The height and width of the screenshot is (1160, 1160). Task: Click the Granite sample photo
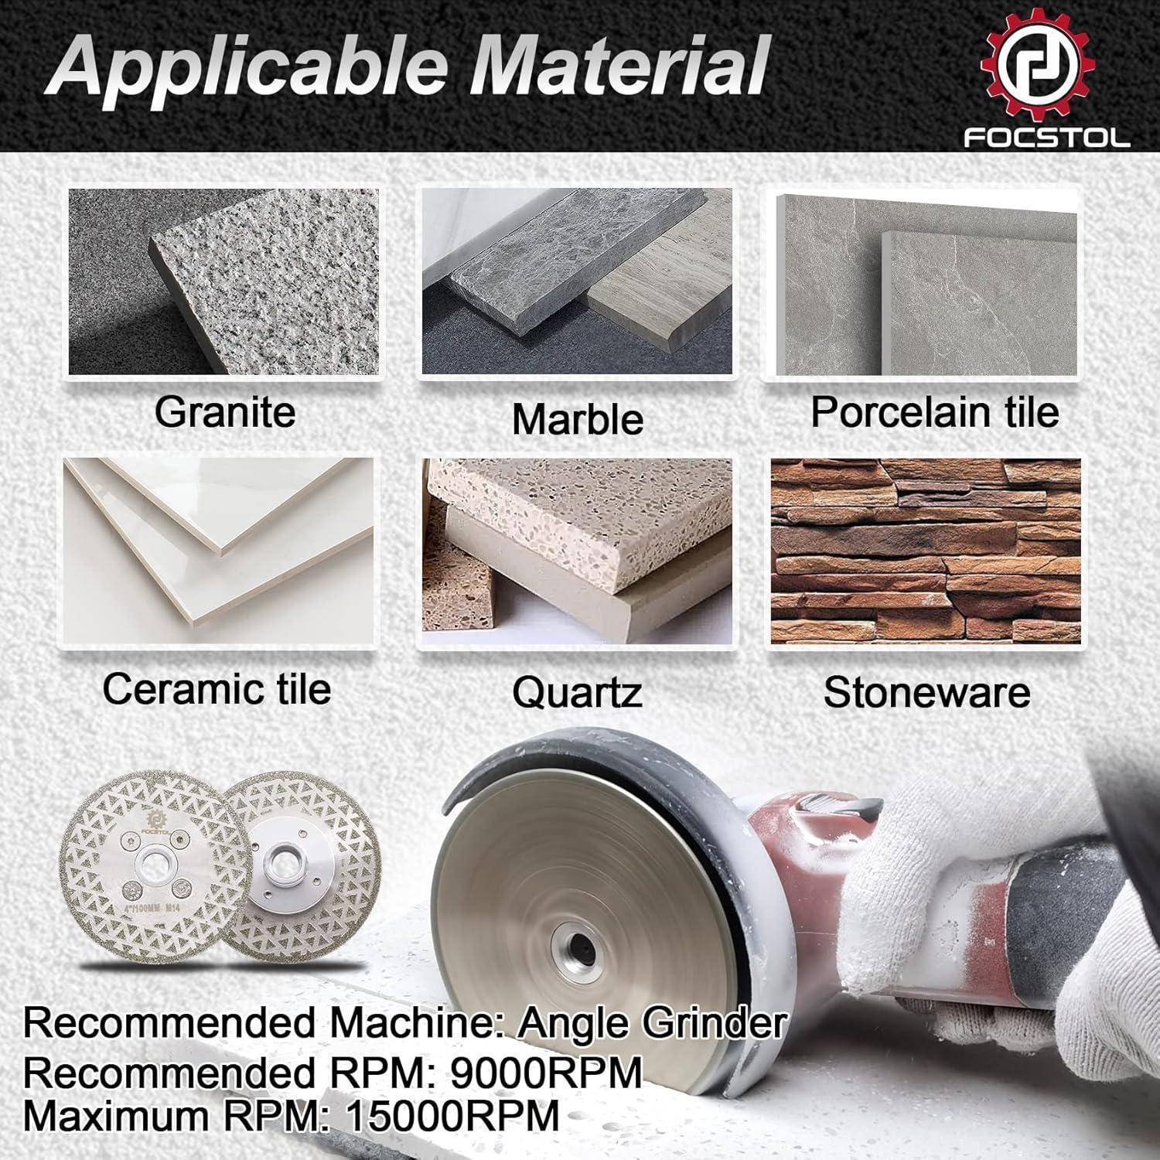click(224, 282)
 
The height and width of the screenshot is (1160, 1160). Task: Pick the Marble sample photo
click(576, 282)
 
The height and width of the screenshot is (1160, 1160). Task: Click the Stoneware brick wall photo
click(926, 551)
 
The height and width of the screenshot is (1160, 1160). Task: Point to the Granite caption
click(225, 411)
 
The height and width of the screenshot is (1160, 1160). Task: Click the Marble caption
click(578, 419)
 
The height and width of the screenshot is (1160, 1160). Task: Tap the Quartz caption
click(577, 692)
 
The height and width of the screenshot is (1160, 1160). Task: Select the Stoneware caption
click(926, 692)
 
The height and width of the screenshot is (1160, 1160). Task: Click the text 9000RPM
click(546, 1073)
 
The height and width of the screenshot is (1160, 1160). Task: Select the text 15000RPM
click(452, 1116)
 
